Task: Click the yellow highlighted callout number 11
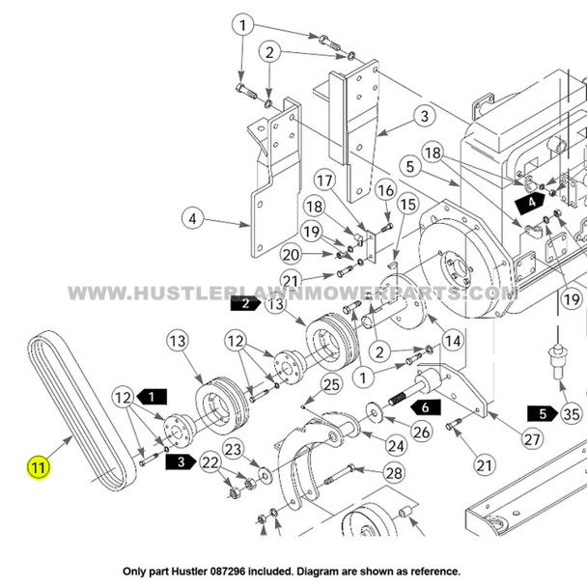click(x=38, y=470)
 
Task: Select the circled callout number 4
click(x=192, y=219)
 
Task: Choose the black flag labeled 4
click(x=531, y=203)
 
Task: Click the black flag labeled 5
click(x=542, y=414)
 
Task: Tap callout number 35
click(x=571, y=414)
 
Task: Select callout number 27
click(x=532, y=437)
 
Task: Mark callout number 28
click(x=393, y=472)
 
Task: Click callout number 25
click(x=331, y=385)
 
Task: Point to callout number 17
click(x=322, y=180)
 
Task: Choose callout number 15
click(x=406, y=205)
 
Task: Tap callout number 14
click(x=453, y=341)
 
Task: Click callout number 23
click(x=233, y=448)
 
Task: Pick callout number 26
click(x=421, y=432)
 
